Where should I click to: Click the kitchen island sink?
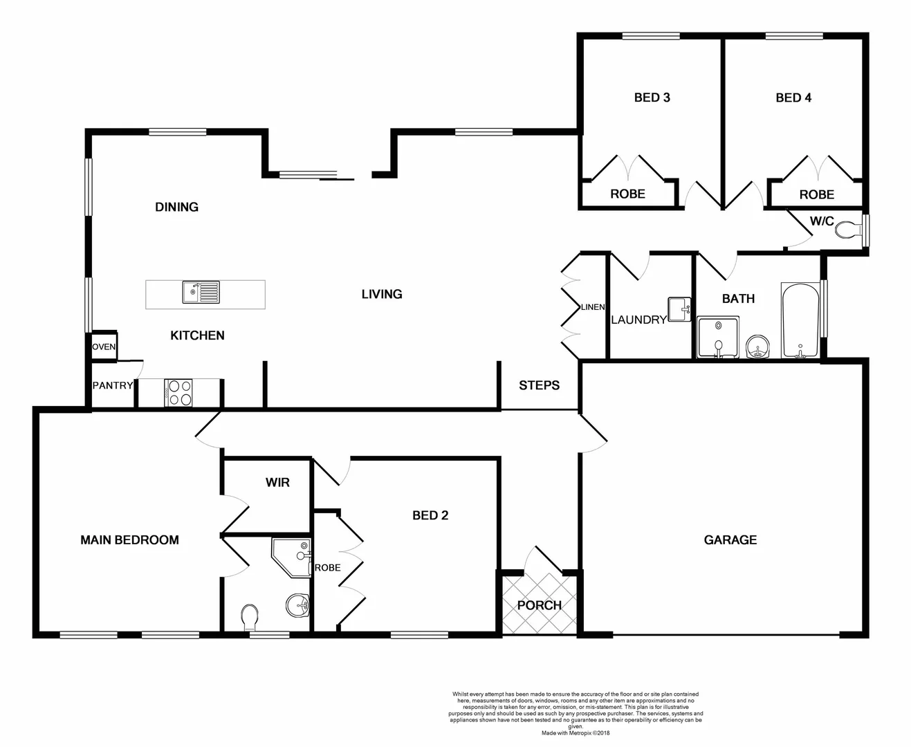point(201,293)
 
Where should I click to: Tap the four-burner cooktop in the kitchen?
point(178,393)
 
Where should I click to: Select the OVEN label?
point(104,347)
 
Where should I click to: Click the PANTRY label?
point(113,385)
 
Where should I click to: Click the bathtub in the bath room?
point(800,320)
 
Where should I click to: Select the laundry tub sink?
point(679,309)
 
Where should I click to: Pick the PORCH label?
point(539,605)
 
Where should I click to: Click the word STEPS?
point(539,385)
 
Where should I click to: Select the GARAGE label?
point(730,540)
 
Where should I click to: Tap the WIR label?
point(277,482)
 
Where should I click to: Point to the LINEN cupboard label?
point(593,307)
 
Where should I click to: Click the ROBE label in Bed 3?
point(627,194)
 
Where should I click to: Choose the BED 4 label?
point(793,98)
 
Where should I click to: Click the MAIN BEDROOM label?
point(129,540)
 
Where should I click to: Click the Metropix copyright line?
point(576,733)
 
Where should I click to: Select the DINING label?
point(176,207)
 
